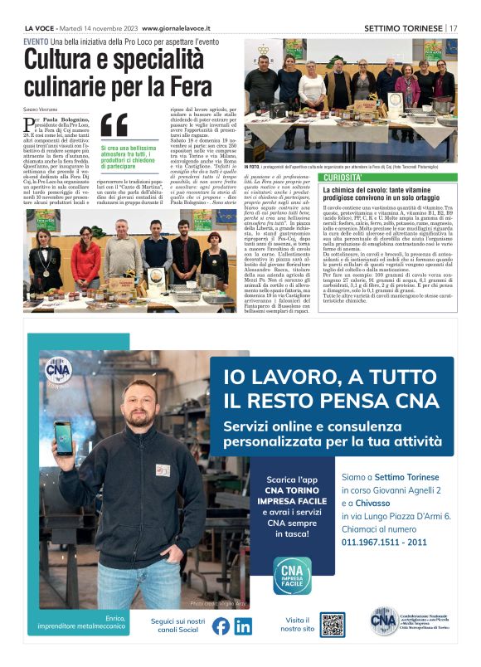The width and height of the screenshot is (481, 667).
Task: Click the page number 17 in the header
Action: click(454, 27)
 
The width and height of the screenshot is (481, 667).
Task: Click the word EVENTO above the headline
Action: click(36, 41)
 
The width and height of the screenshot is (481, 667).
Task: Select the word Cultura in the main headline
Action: click(63, 61)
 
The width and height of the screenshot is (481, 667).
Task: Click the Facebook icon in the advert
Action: click(221, 626)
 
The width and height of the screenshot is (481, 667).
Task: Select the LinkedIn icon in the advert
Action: click(242, 626)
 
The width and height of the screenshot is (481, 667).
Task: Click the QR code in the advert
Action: click(333, 625)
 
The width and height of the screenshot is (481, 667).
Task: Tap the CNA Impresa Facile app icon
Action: click(292, 575)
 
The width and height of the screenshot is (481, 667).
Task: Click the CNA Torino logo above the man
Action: click(58, 371)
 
